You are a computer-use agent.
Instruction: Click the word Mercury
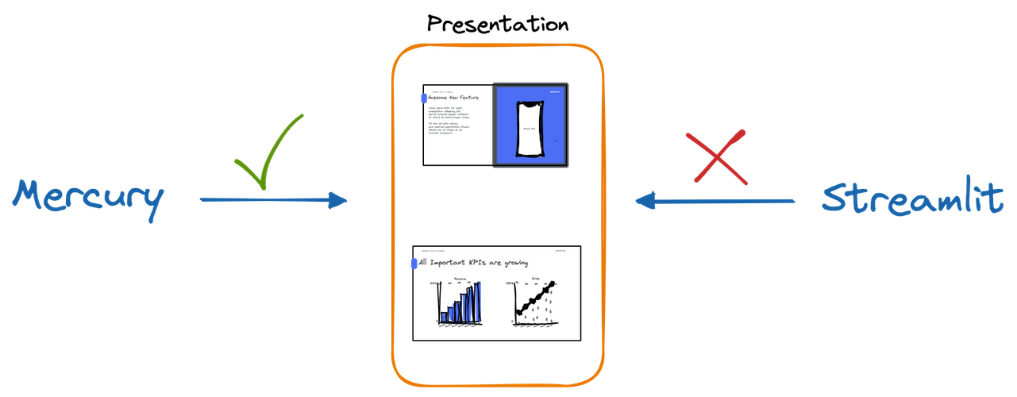tap(87, 199)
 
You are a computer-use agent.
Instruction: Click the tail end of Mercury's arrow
tap(202, 199)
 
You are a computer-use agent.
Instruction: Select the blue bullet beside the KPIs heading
tap(413, 264)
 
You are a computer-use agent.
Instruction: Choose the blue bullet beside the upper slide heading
tap(422, 98)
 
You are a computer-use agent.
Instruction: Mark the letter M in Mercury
tap(32, 197)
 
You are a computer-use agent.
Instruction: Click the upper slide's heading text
tap(454, 98)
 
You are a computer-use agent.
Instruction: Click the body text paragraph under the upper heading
tap(449, 120)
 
